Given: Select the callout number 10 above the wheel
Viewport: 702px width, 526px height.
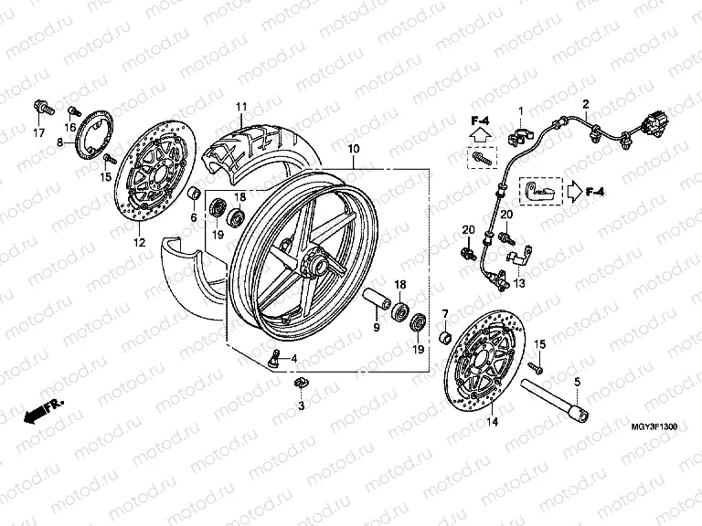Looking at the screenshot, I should click(354, 149).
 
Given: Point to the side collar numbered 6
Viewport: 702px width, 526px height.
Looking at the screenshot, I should click(194, 195).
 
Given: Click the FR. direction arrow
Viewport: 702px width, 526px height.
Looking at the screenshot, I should click(37, 414).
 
